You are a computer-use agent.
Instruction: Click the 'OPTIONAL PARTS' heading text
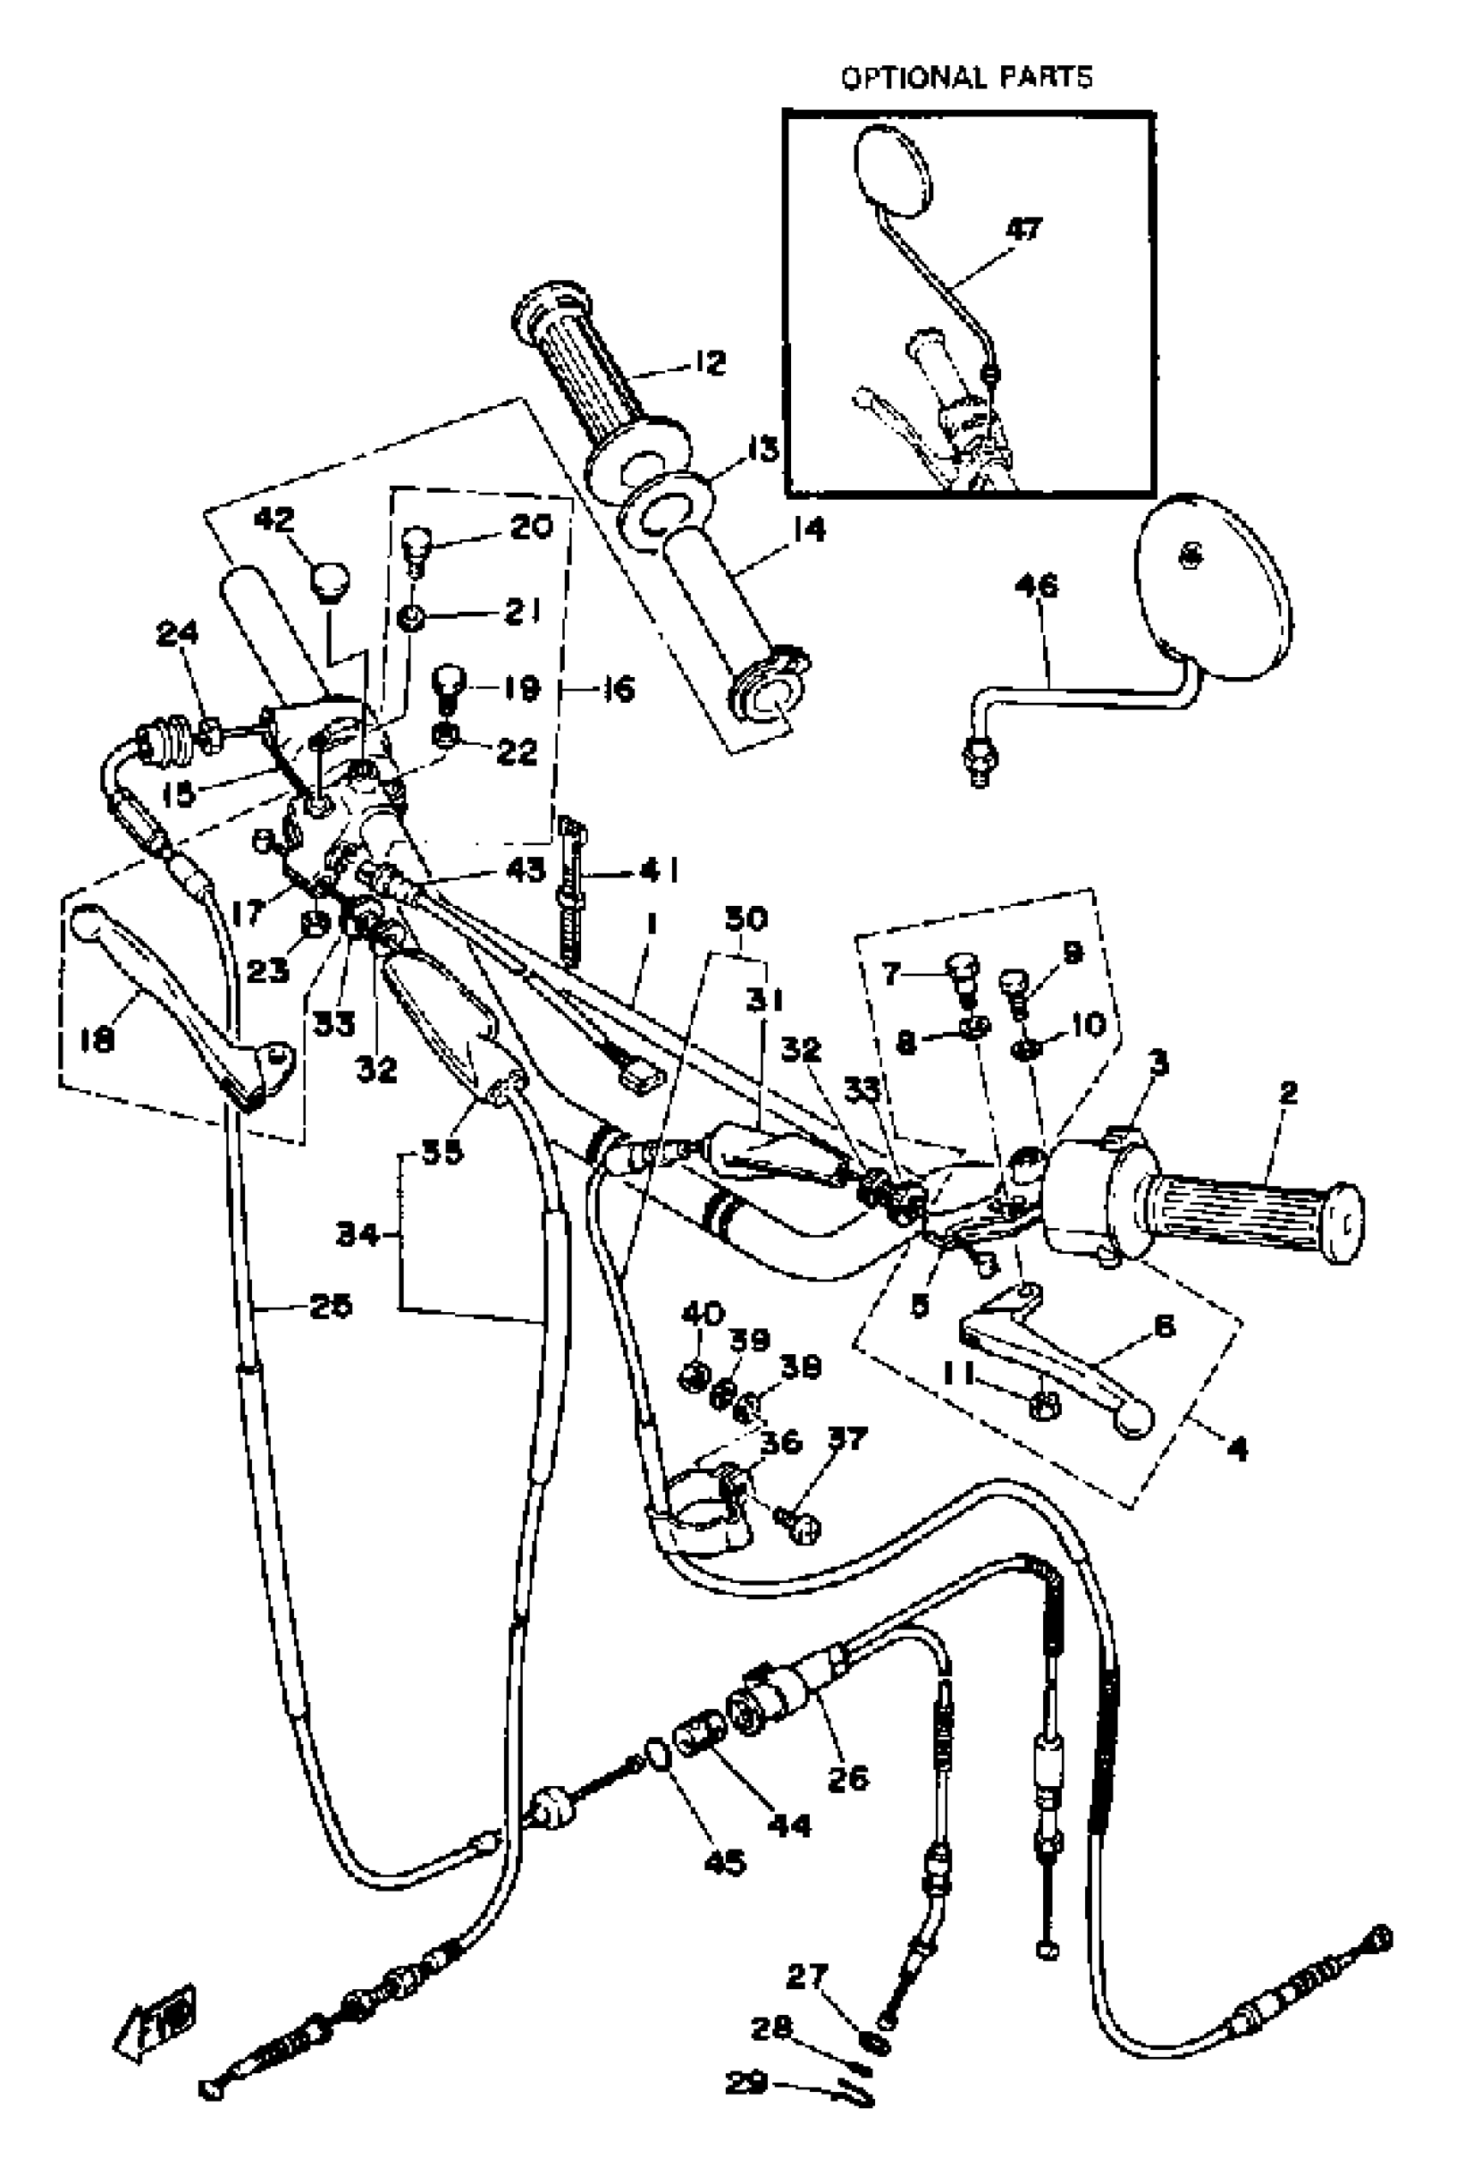[x=967, y=77]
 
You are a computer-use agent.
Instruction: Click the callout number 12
[x=710, y=363]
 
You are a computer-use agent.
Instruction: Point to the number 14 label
[x=808, y=531]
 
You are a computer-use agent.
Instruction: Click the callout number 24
[x=177, y=633]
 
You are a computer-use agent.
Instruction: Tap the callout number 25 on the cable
[x=330, y=1305]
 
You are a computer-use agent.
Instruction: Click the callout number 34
[x=357, y=1235]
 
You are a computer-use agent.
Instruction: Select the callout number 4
[x=1238, y=1448]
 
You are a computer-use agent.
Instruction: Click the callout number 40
[x=703, y=1315]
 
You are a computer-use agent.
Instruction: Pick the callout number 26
[x=848, y=1777]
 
